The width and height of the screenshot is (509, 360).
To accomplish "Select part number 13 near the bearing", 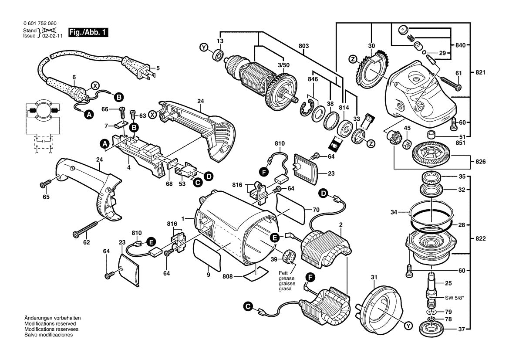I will click(220, 41).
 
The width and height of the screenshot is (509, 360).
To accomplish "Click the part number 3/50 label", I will click(283, 65).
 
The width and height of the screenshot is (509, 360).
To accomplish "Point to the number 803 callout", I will click(304, 45).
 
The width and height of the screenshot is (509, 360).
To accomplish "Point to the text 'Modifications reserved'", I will click(50, 324).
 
